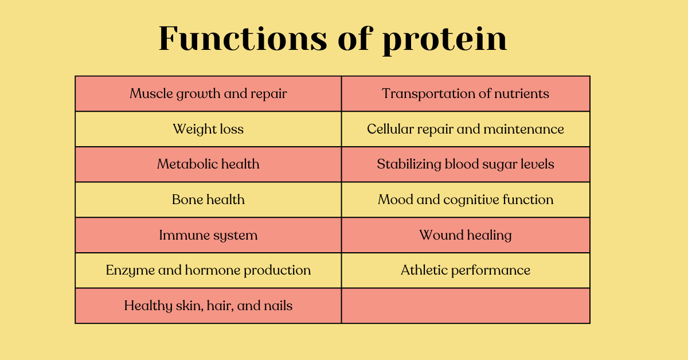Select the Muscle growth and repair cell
pyautogui.click(x=208, y=93)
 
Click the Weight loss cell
pyautogui.click(x=208, y=129)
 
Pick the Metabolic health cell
pyautogui.click(x=208, y=165)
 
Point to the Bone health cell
pyautogui.click(x=208, y=199)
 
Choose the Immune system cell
pyautogui.click(x=208, y=235)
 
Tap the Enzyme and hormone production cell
pyautogui.click(x=208, y=270)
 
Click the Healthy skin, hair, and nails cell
pyautogui.click(x=208, y=306)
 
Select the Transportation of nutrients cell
pyautogui.click(x=466, y=93)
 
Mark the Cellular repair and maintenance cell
pyautogui.click(x=466, y=129)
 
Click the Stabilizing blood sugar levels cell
pyautogui.click(x=466, y=165)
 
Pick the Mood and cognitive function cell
pyautogui.click(x=466, y=199)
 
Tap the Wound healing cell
pyautogui.click(x=466, y=235)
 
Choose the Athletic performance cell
pyautogui.click(x=466, y=270)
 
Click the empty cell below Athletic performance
pyautogui.click(x=466, y=306)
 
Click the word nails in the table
pyautogui.click(x=278, y=306)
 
